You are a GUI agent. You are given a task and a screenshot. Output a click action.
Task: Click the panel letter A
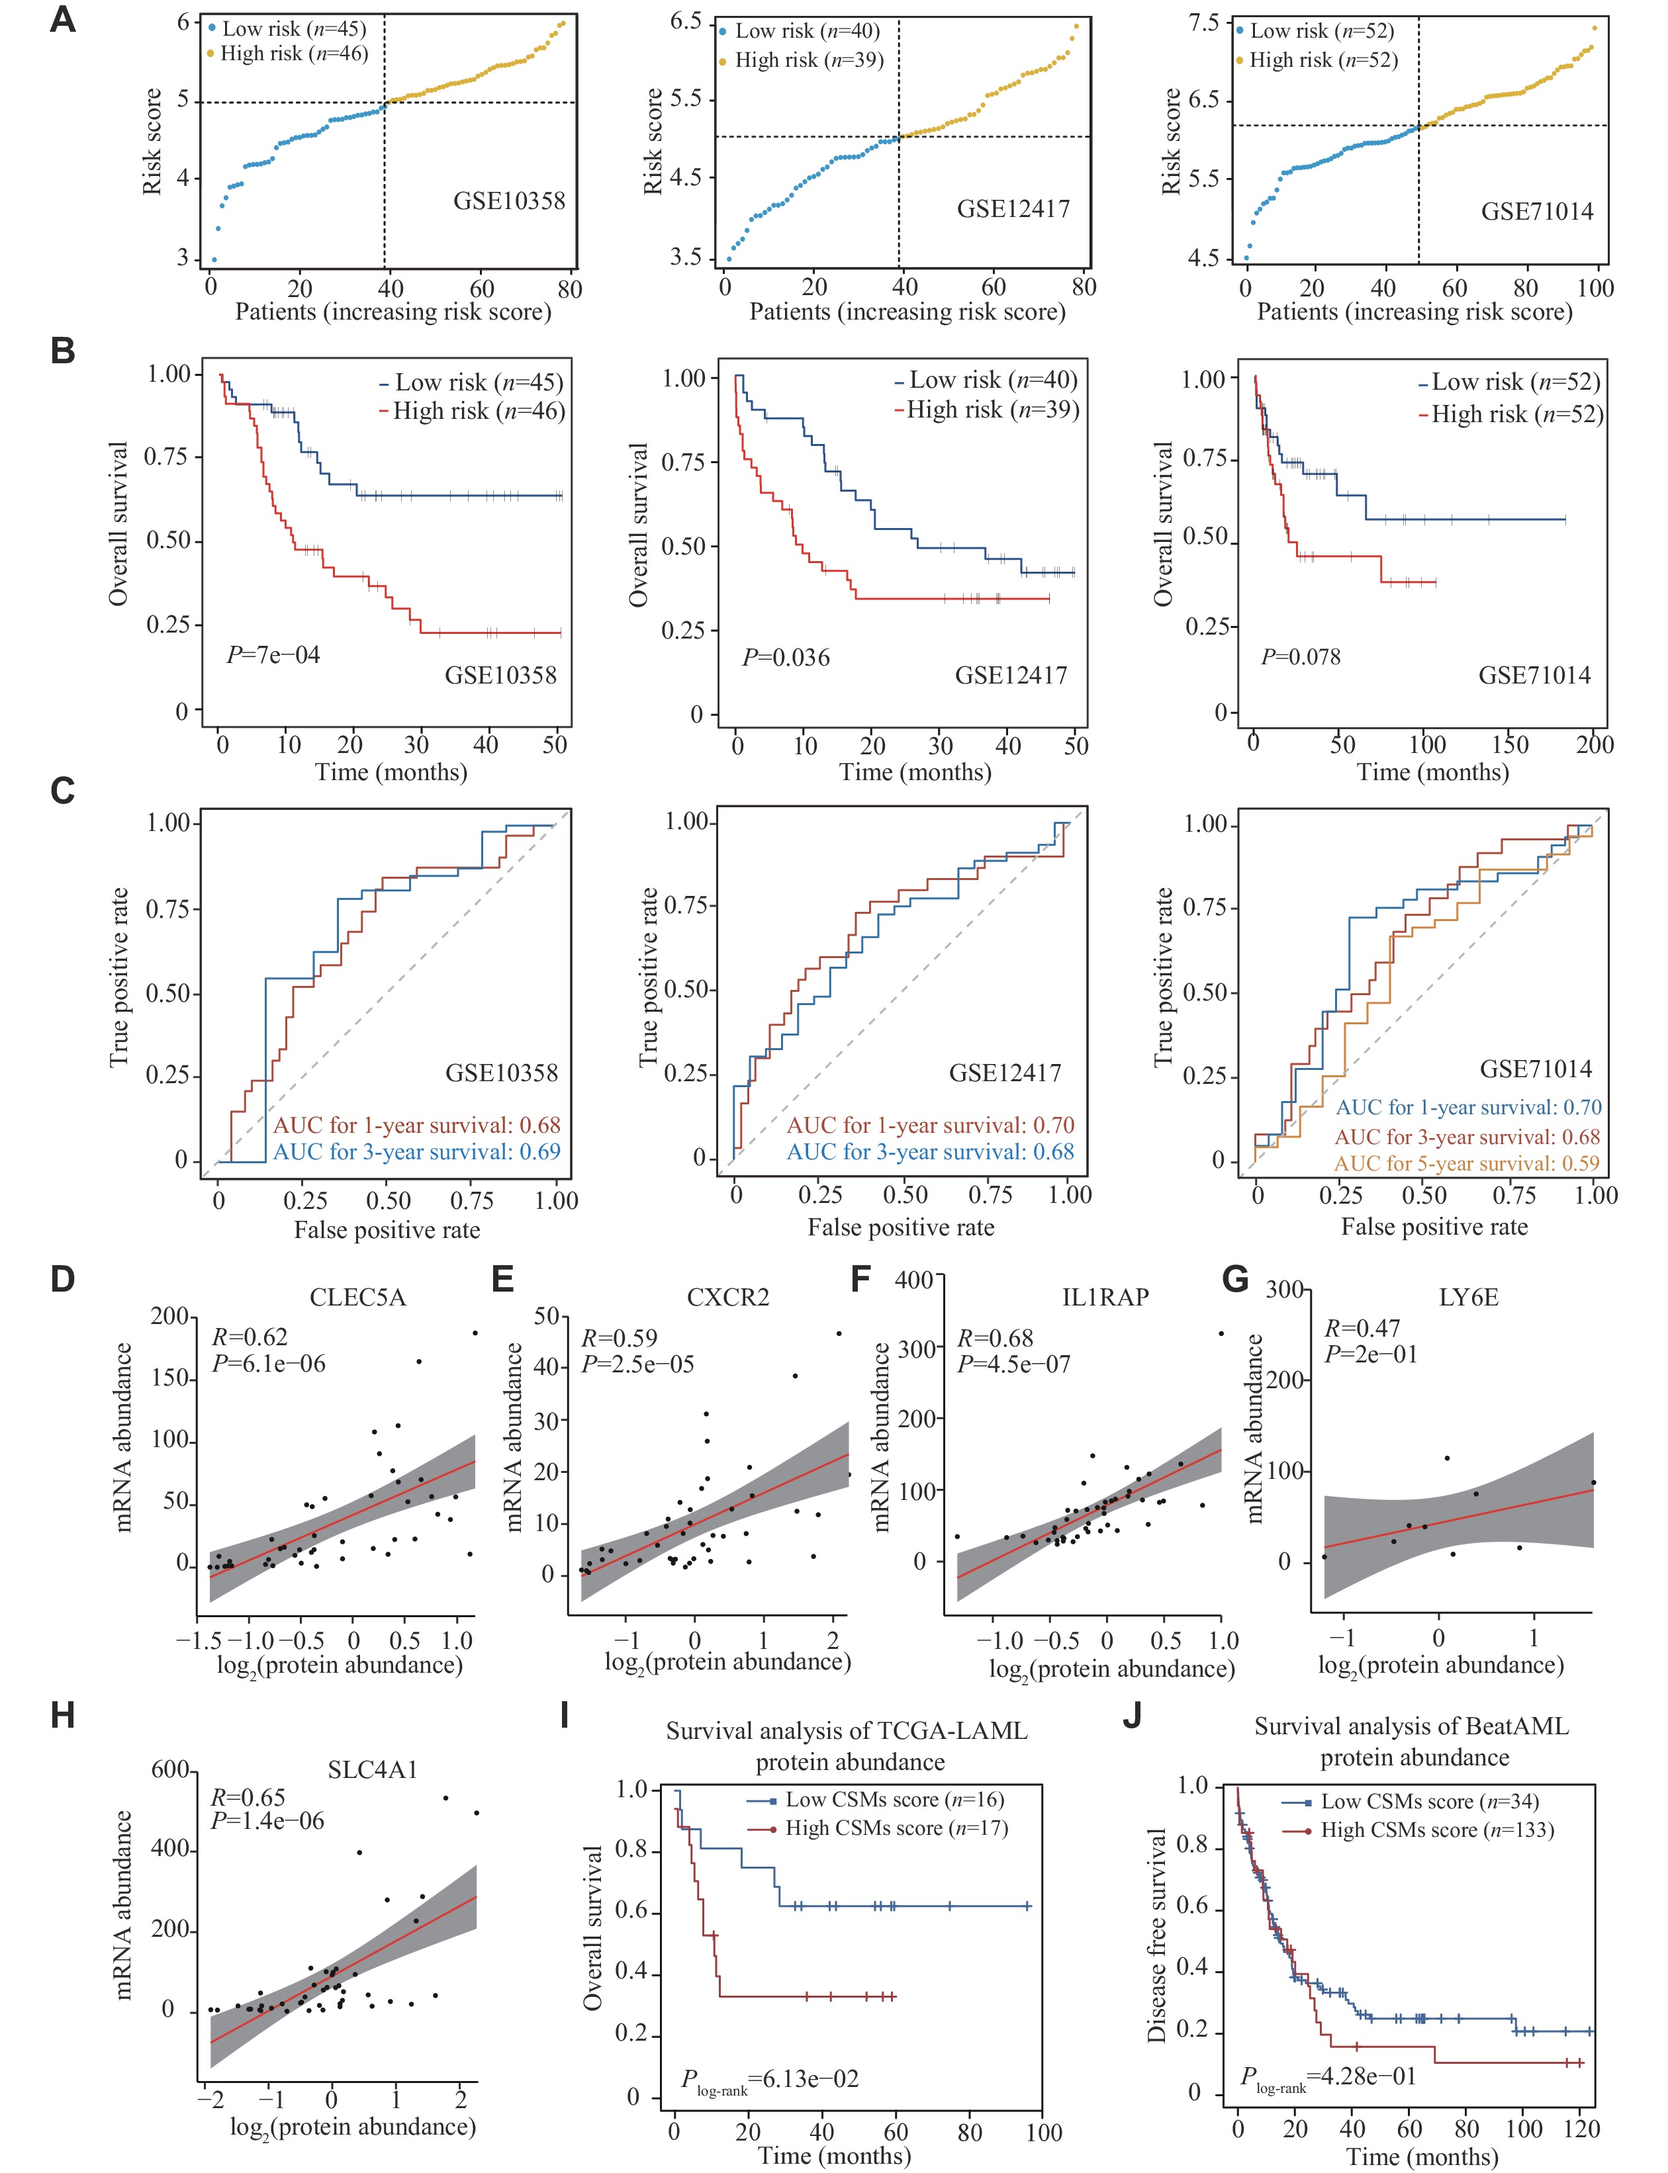pos(62,19)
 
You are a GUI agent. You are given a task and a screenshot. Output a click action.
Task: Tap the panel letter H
pos(62,1714)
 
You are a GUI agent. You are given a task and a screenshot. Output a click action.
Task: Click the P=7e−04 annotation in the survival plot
pos(273,655)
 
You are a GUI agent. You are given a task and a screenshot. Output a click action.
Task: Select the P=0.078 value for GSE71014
pos(1300,657)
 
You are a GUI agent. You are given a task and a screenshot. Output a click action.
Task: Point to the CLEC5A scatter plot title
pos(357,1298)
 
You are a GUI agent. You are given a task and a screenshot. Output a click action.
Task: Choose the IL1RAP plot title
pos(1105,1298)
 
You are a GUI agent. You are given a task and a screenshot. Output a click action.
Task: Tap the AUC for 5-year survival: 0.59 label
pos(1467,1163)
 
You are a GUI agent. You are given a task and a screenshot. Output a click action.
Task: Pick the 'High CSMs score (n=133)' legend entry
pos(1436,1830)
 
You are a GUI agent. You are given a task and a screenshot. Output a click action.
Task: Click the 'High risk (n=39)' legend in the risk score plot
pos(808,61)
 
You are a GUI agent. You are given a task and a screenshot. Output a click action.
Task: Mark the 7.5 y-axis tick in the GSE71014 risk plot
pos(1203,23)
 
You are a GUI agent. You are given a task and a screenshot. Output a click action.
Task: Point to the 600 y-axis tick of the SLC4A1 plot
pos(169,1770)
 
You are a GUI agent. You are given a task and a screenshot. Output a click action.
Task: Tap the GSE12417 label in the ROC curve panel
pos(1005,1073)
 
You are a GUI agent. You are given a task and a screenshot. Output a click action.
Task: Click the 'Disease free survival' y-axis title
pos(1157,1935)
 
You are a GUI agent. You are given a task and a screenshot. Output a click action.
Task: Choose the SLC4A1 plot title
pos(372,1770)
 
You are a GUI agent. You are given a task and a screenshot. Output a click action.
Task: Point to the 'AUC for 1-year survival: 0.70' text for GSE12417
pos(931,1126)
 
